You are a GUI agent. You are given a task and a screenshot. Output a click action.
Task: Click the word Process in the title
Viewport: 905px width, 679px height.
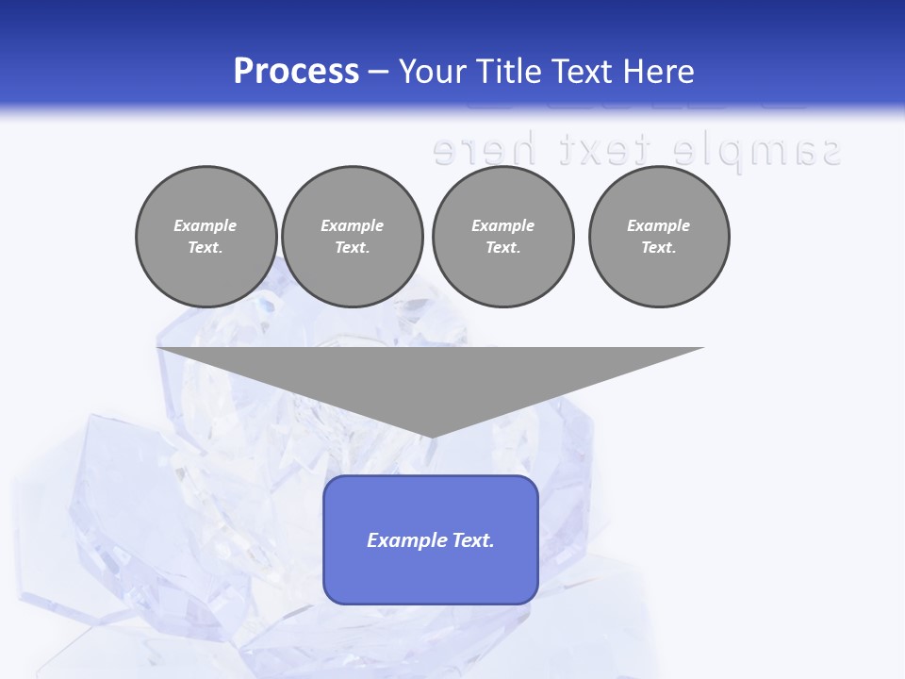tap(296, 72)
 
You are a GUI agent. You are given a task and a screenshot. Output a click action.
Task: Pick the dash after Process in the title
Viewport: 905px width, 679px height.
tap(379, 73)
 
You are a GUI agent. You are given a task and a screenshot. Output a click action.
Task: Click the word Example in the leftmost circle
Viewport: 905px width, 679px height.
tap(206, 225)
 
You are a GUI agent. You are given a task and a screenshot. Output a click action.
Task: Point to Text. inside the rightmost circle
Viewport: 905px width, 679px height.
tap(659, 248)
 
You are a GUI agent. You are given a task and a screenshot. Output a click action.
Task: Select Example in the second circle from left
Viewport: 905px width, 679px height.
tap(353, 225)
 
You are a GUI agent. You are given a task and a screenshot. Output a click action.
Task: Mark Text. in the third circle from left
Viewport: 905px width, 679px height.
tap(502, 248)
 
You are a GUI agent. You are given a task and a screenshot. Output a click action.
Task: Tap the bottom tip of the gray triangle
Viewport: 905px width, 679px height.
tap(431, 435)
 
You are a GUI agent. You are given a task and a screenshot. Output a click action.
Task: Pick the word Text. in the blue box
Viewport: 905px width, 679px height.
tap(474, 540)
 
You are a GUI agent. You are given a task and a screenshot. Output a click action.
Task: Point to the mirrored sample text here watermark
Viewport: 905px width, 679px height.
tap(636, 150)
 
